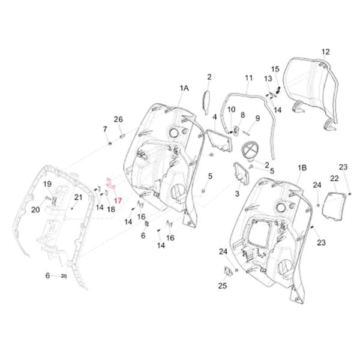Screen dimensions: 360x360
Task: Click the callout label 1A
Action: tap(184, 88)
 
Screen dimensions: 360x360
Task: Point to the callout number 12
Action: tap(325, 52)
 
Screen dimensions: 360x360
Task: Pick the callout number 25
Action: tap(222, 286)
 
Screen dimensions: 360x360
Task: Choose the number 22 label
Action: tap(334, 178)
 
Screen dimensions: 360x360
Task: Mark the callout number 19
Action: tap(47, 184)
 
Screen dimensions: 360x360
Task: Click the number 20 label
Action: tap(35, 209)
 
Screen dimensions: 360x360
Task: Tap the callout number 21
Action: tap(79, 197)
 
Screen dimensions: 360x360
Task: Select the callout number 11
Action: tap(248, 79)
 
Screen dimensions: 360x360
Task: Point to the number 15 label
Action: tap(275, 69)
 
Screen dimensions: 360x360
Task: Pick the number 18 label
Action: tap(111, 209)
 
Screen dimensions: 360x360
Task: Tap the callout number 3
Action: tap(236, 194)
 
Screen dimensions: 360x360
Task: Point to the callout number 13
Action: tap(268, 79)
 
